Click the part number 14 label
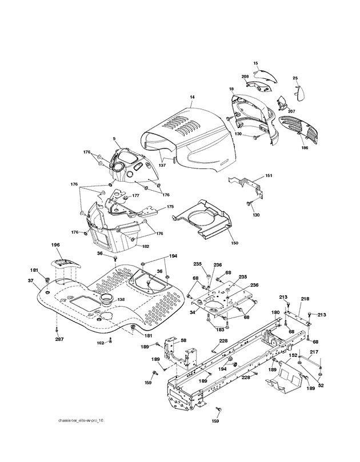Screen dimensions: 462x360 (x=193, y=98)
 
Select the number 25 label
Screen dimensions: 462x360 (x=295, y=78)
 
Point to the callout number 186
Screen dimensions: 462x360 (x=305, y=147)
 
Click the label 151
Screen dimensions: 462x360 (x=269, y=175)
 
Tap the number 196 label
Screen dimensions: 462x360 (x=55, y=245)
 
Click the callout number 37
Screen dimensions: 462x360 (x=31, y=280)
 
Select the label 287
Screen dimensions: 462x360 (x=59, y=340)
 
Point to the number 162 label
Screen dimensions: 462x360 (x=100, y=343)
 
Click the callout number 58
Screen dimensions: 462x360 (x=184, y=340)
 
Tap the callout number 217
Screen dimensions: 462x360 (x=314, y=352)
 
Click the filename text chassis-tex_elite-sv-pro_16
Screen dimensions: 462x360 (x=81, y=421)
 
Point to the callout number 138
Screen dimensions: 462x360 (x=121, y=299)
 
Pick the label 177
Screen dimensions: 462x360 (x=135, y=195)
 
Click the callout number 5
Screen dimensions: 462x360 (x=114, y=138)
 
